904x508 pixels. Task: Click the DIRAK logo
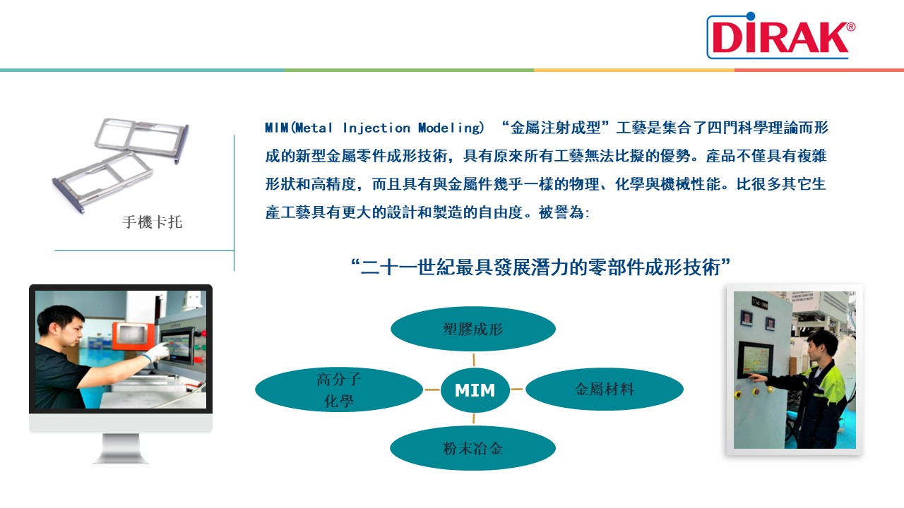781,35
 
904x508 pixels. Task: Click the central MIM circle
475,390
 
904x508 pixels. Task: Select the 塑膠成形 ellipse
473,329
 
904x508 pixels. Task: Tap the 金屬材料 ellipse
604,389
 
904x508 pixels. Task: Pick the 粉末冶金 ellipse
472,448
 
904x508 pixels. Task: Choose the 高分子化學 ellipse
339,389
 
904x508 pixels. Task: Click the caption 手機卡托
152,222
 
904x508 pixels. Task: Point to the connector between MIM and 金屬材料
516,389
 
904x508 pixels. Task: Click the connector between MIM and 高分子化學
432,389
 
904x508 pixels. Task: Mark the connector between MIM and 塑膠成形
474,360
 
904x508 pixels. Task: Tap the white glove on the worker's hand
157,352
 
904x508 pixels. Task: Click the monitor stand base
121,459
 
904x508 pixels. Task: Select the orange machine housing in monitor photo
133,335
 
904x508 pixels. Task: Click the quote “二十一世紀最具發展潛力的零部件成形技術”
541,267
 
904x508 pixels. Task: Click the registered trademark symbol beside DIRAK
850,27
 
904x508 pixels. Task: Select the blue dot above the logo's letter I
750,16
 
